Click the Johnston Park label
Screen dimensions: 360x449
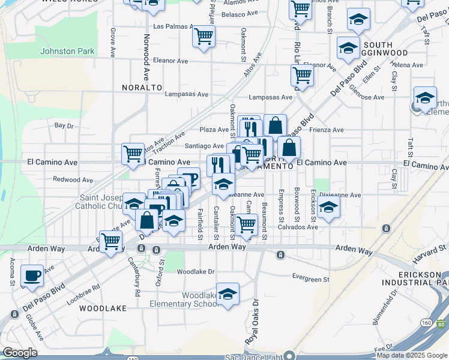tap(67, 51)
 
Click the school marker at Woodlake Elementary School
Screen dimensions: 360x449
tap(228, 293)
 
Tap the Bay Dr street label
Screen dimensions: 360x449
tap(64, 126)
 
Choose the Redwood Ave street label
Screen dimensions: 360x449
tap(73, 179)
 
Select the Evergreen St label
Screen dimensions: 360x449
tap(310, 279)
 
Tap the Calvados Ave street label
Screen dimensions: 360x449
tap(297, 227)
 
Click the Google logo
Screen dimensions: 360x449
tap(20, 353)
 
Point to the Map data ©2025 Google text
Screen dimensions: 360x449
tap(412, 355)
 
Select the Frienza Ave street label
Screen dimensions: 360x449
tap(327, 130)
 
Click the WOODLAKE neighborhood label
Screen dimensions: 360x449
tap(107, 308)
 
